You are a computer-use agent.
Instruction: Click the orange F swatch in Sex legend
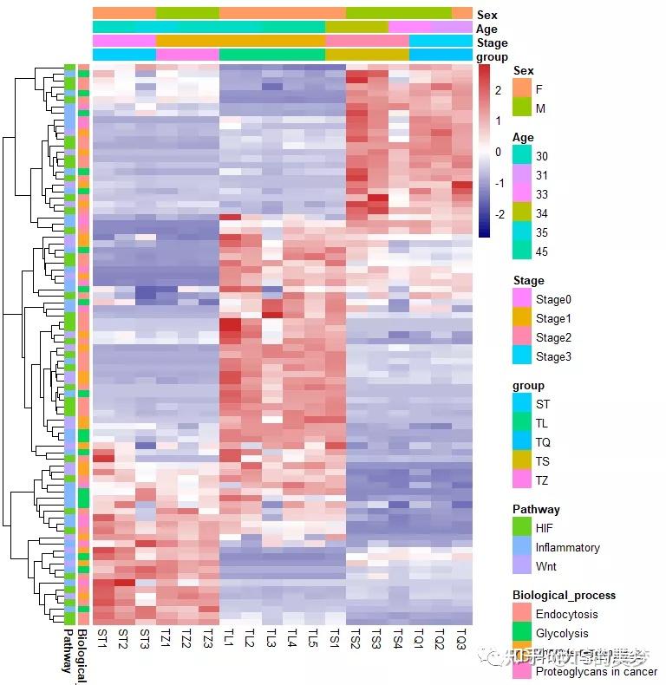coord(522,88)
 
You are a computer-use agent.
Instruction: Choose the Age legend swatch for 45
coord(522,251)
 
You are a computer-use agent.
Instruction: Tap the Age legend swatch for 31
coord(522,174)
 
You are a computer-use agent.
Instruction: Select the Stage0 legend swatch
coord(522,298)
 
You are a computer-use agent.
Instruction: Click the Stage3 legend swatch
coord(522,356)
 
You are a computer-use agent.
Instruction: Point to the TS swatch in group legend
coord(522,460)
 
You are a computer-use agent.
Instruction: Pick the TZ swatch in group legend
coord(522,479)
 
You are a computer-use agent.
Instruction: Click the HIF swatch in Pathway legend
coord(522,527)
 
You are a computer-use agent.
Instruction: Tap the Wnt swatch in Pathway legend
coord(522,565)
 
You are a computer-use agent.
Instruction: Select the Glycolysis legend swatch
coord(522,633)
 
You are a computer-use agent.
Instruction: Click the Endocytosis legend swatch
coord(522,613)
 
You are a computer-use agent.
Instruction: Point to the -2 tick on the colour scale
coord(498,214)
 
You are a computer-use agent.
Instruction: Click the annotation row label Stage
coord(492,43)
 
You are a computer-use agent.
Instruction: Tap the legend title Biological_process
coord(564,595)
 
